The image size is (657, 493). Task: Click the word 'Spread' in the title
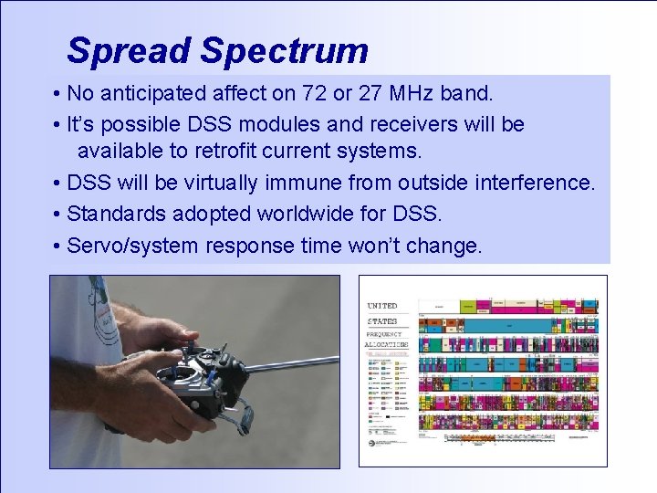(x=129, y=50)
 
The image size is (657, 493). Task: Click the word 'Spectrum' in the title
(x=284, y=50)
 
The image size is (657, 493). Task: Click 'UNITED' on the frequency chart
(x=382, y=306)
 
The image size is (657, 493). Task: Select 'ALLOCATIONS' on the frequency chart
(x=387, y=346)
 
